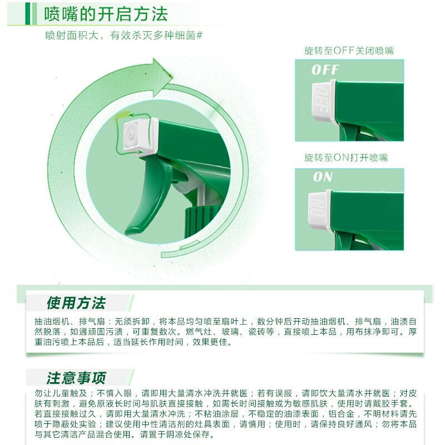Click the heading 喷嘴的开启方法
click(106, 14)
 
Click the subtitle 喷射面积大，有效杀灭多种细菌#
click(124, 36)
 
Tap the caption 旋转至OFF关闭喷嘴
click(349, 51)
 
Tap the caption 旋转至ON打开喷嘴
click(346, 157)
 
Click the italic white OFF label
click(325, 70)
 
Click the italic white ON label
click(323, 177)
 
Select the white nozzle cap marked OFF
click(324, 102)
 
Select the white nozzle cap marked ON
click(320, 210)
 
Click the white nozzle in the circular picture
click(141, 137)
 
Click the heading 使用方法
click(76, 303)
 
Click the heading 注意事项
click(76, 378)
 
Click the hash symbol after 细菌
click(200, 36)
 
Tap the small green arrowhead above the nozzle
click(131, 115)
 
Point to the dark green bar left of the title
click(27, 13)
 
